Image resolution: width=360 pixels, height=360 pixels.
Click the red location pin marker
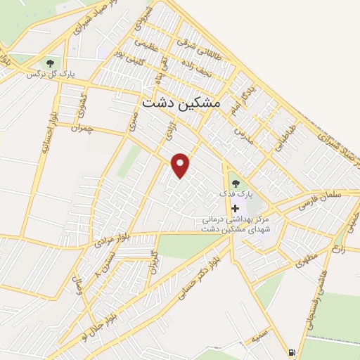coord(181,165)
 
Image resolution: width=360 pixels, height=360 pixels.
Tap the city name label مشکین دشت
coord(181,103)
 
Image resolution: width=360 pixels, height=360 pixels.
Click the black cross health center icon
coord(235,208)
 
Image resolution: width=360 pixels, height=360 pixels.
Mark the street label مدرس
coord(240,132)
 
